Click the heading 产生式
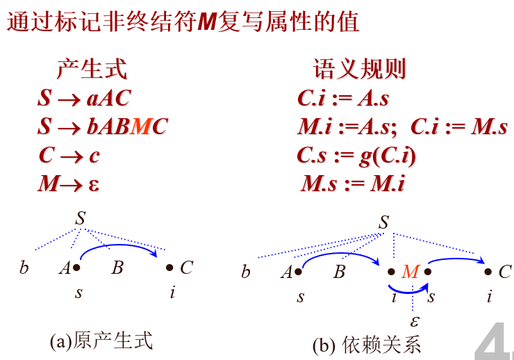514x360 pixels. pos(92,69)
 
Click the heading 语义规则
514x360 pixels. pos(360,69)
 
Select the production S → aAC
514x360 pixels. pos(84,98)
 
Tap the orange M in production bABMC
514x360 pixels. pos(140,126)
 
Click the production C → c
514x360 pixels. pos(69,155)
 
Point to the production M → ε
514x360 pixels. pos(68,184)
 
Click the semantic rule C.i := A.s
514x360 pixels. pos(343,98)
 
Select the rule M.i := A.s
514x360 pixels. pos(347,126)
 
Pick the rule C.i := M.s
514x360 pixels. pos(459,126)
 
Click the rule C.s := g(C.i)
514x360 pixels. pos(356,156)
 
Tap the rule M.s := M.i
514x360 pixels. pos(353,183)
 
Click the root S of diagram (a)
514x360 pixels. pos(81,218)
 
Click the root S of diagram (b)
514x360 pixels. pos(383,222)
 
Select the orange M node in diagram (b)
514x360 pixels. pos(410,272)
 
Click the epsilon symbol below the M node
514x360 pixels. pos(415,321)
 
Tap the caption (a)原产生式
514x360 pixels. pos(101,341)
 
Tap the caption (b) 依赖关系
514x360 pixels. pos(366,345)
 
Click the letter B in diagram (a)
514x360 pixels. pos(117,268)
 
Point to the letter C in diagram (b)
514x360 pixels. pos(505,272)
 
